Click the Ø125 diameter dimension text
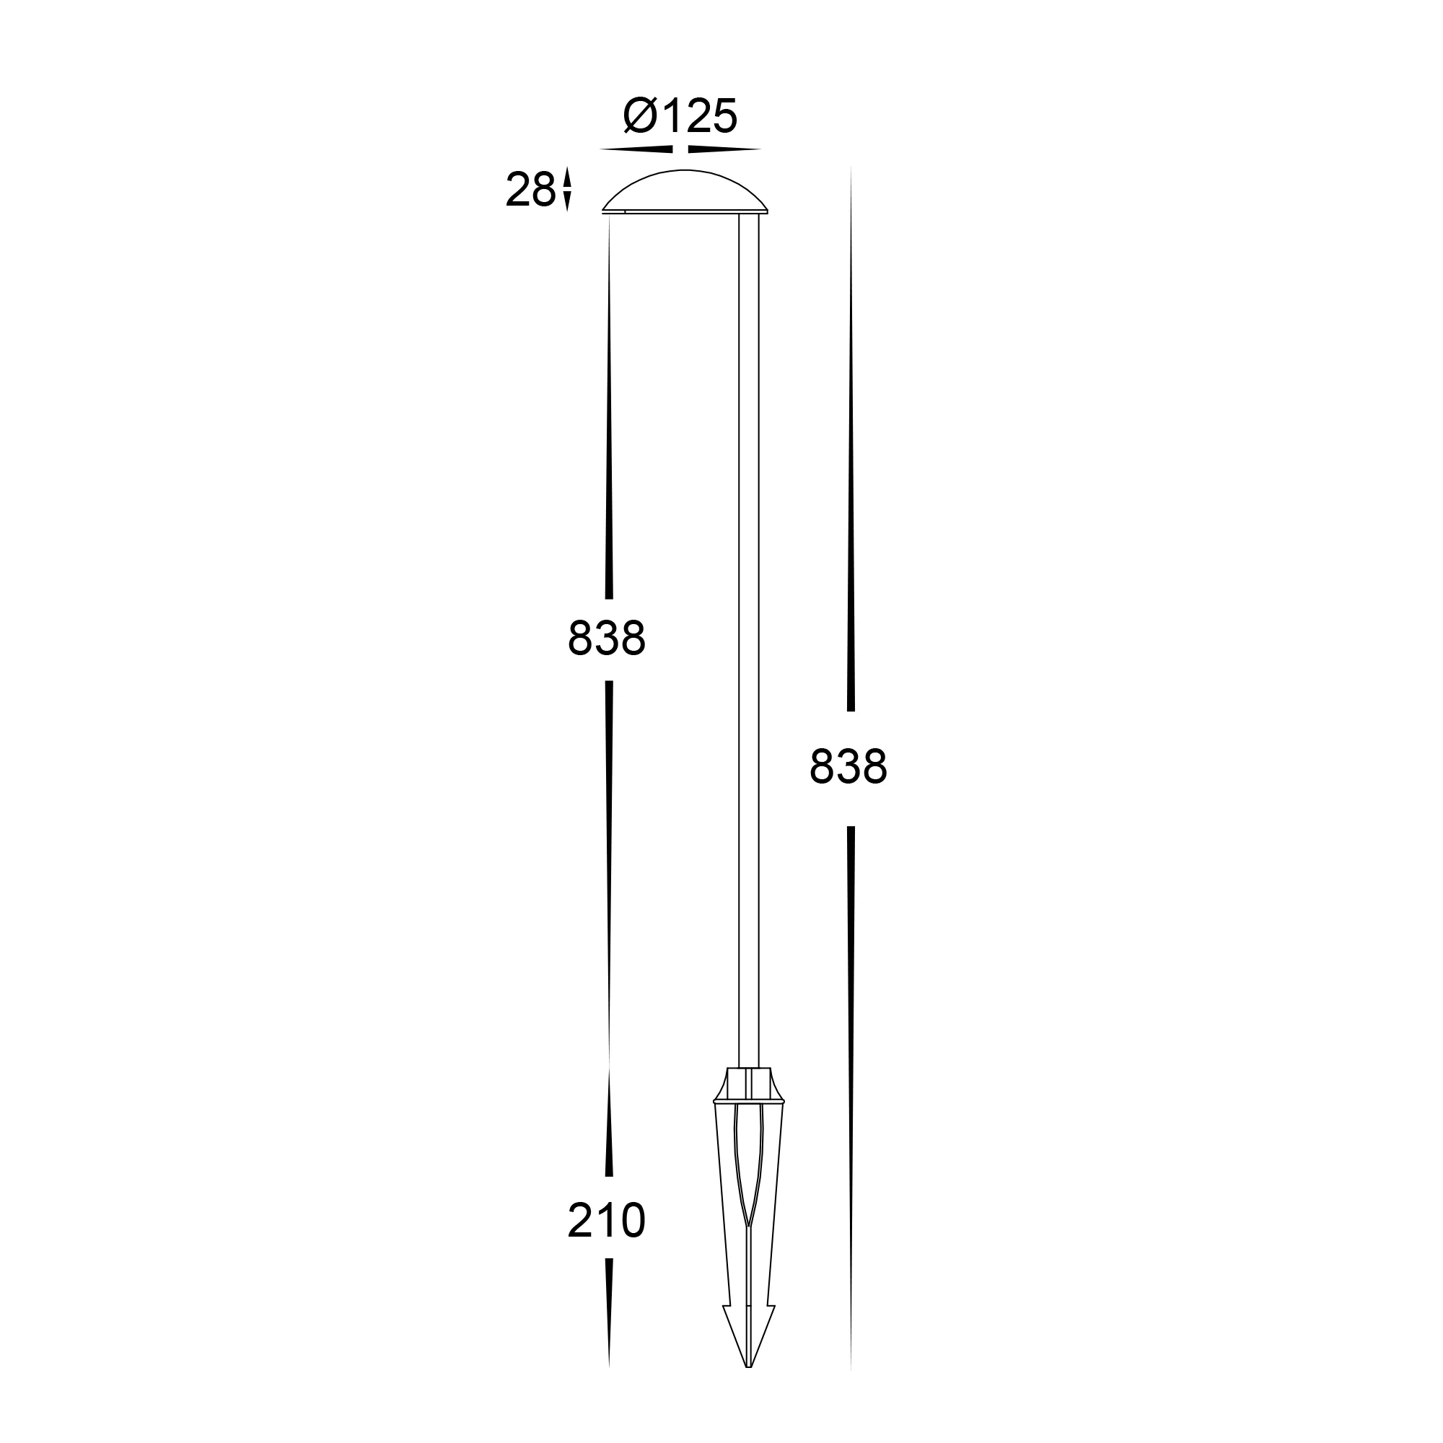(680, 116)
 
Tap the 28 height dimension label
(530, 190)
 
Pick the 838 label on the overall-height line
(848, 767)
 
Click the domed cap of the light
(685, 192)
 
